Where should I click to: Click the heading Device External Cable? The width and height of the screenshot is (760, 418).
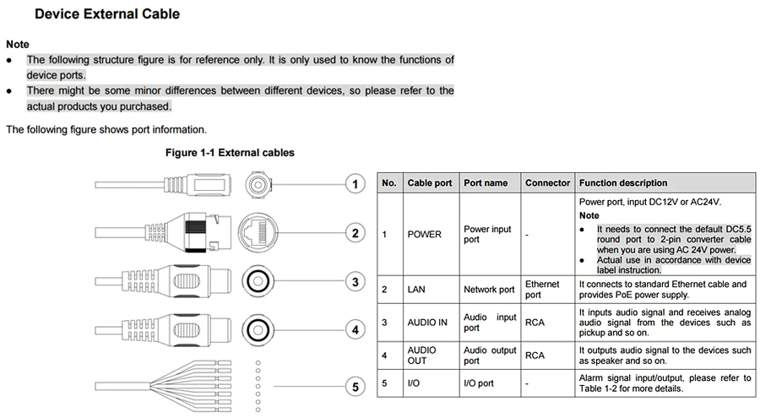(107, 14)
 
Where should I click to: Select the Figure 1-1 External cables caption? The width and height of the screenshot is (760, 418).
(230, 153)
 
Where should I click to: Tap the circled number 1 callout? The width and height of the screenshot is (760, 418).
(356, 184)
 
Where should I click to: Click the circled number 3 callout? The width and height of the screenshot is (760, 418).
(356, 282)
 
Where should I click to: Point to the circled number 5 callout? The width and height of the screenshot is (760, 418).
(356, 387)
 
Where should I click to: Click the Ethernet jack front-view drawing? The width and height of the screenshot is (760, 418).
(258, 233)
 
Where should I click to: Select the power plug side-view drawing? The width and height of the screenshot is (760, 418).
(163, 185)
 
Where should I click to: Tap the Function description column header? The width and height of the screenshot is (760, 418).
(623, 182)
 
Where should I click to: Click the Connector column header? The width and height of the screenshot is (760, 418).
(547, 182)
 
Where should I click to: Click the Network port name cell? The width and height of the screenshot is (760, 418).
(489, 290)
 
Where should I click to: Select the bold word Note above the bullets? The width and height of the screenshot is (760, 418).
(18, 44)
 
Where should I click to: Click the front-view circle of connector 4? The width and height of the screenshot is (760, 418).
(258, 330)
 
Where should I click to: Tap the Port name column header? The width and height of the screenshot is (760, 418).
(486, 182)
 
